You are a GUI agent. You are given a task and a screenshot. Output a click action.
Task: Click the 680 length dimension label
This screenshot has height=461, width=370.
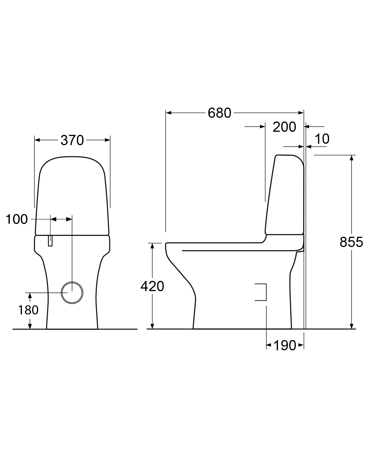(x=219, y=113)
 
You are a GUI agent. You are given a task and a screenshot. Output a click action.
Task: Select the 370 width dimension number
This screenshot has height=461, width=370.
(x=72, y=140)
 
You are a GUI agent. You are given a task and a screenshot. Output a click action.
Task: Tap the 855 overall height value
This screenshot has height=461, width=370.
(x=351, y=242)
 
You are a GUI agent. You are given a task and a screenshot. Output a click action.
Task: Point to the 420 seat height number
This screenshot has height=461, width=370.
(x=152, y=286)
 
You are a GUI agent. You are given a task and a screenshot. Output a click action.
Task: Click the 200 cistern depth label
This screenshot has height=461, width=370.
(x=284, y=127)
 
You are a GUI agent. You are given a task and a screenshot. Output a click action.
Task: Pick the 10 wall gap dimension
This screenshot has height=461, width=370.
(x=322, y=139)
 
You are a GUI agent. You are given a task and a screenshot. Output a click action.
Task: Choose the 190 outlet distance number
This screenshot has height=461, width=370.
(x=285, y=345)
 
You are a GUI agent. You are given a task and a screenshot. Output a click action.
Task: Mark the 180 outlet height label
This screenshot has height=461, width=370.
(x=28, y=310)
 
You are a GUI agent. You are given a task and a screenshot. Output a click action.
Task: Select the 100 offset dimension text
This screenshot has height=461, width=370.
(x=17, y=219)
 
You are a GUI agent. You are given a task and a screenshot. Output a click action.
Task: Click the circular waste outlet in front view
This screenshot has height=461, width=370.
(x=72, y=293)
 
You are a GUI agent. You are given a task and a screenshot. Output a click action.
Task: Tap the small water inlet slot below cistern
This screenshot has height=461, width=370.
(x=50, y=240)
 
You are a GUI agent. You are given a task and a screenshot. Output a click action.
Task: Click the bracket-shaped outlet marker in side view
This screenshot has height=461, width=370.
(x=261, y=292)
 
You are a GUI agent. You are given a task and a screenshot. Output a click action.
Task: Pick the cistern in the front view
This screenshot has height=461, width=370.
(x=72, y=196)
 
